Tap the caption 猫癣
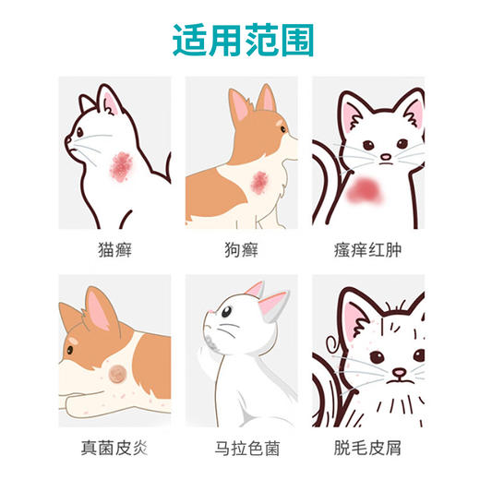click(x=114, y=249)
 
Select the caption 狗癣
click(x=240, y=249)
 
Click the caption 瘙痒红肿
click(x=367, y=249)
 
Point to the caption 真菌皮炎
click(x=114, y=450)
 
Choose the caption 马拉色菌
click(x=240, y=450)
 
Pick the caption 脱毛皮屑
click(x=367, y=450)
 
